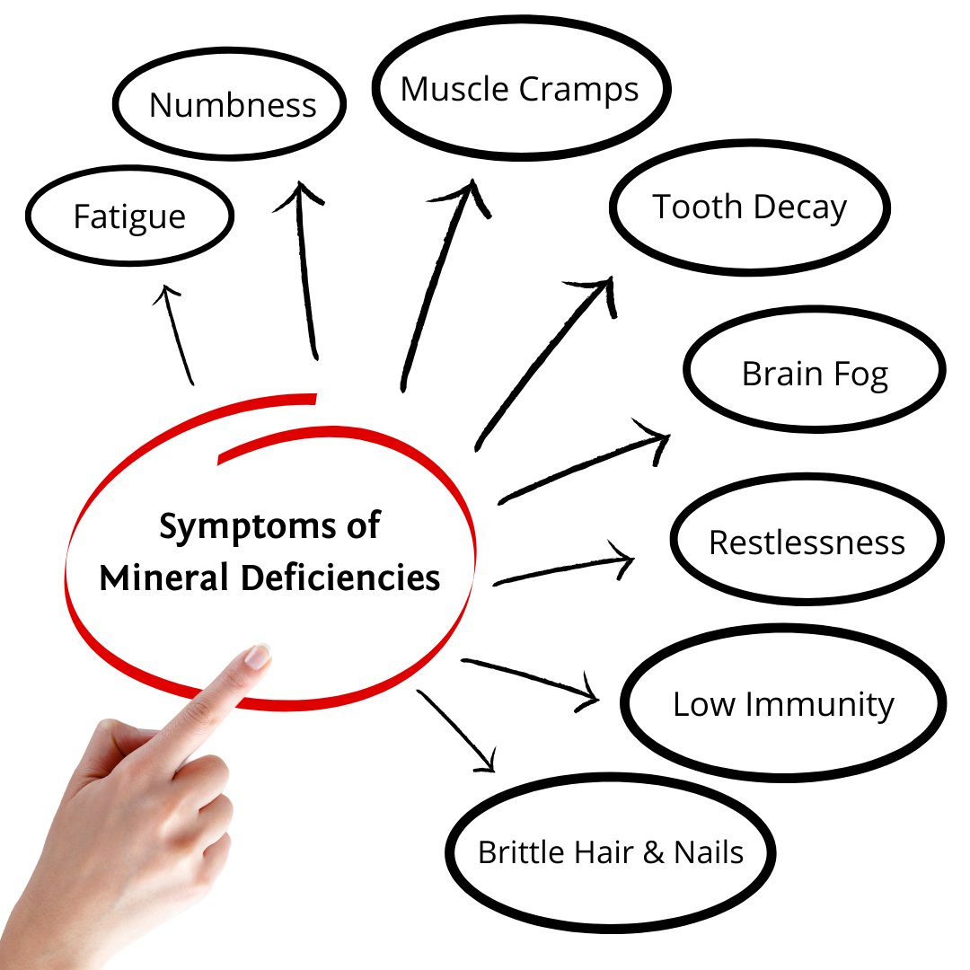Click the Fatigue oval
click(129, 216)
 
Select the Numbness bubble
click(232, 105)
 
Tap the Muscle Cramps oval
click(520, 90)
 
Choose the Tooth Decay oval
click(750, 207)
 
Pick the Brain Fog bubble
click(815, 374)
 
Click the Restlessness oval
click(807, 542)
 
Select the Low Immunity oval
click(783, 704)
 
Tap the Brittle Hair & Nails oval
click(611, 851)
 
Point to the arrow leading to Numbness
click(308, 269)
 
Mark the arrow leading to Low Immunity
click(530, 678)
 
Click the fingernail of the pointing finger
click(258, 657)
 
